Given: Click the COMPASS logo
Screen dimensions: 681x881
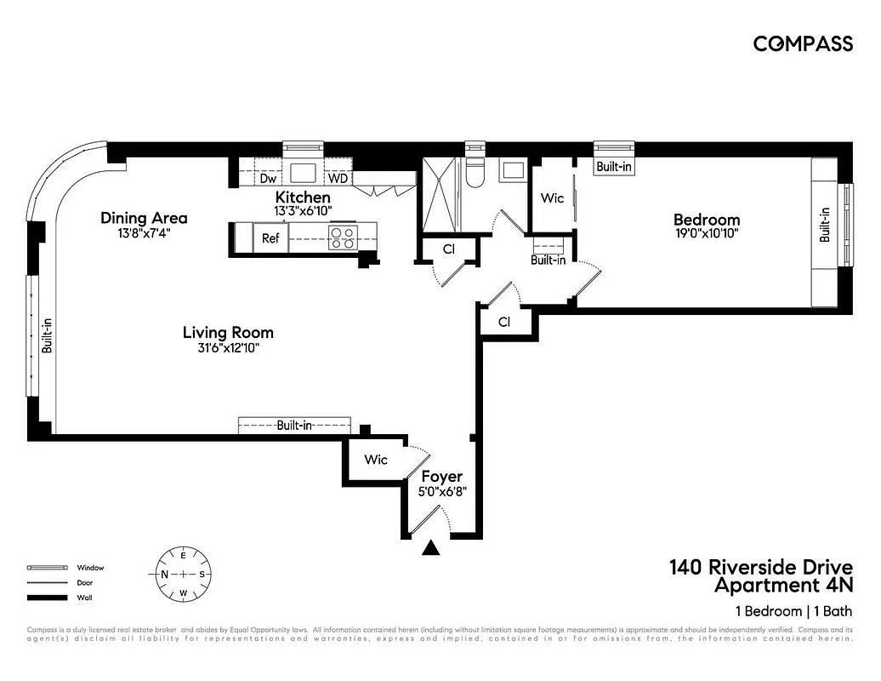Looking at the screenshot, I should click(803, 44).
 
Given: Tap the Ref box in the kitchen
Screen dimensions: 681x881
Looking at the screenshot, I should click(270, 238).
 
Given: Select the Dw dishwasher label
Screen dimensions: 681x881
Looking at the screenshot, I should click(268, 179).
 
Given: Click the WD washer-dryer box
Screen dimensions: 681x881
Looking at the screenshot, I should click(338, 179).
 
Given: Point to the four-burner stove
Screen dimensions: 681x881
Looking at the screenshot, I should click(343, 237).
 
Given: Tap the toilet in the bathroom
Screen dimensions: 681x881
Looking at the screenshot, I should click(475, 174).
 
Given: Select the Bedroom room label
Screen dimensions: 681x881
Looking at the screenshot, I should click(707, 220).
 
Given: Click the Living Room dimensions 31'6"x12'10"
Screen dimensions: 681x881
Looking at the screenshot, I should click(228, 347).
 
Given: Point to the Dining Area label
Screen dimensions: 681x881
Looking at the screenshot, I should click(144, 218).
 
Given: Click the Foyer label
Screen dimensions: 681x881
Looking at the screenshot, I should click(442, 477).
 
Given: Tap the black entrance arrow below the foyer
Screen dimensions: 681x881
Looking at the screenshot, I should click(432, 548).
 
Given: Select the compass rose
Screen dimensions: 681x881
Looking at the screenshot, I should click(183, 574).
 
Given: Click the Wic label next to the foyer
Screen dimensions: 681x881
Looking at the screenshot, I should click(376, 460).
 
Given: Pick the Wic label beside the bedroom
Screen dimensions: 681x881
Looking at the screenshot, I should click(552, 198).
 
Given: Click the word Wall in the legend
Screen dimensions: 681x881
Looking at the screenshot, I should click(85, 598).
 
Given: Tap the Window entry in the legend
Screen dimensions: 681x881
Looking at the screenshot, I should click(90, 567).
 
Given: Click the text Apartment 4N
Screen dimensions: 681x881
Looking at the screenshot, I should click(782, 586).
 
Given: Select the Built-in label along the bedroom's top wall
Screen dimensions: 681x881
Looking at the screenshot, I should click(613, 168).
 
